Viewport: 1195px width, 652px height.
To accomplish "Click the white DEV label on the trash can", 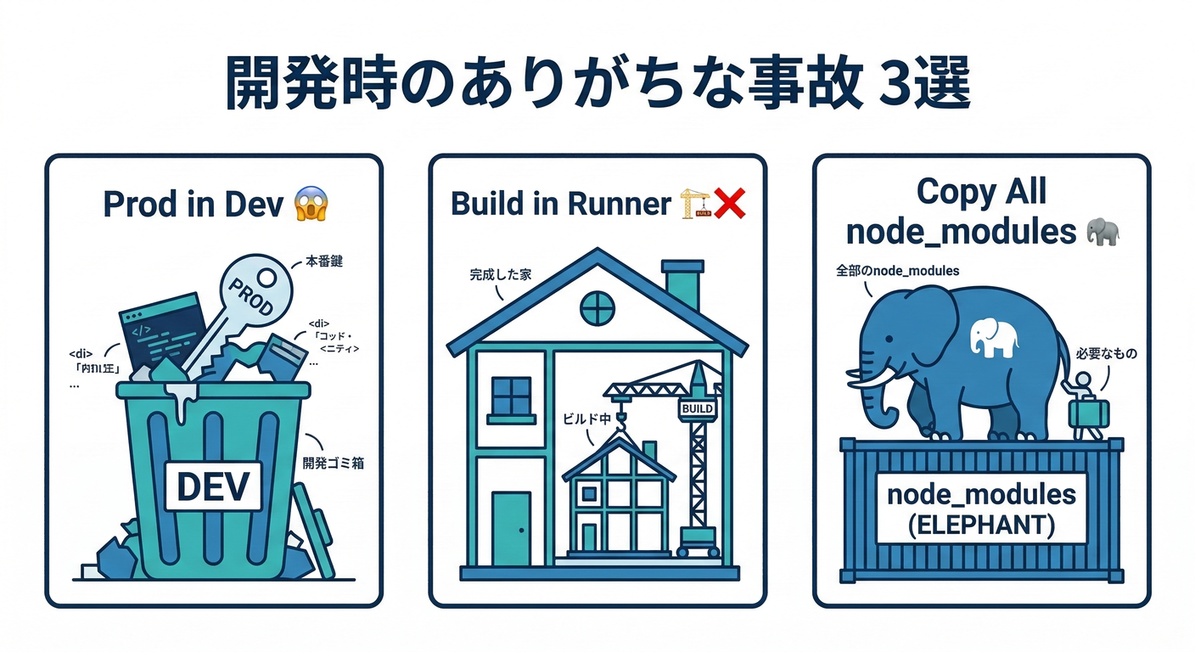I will coord(213,486).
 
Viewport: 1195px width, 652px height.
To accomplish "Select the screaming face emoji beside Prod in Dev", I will coord(311,204).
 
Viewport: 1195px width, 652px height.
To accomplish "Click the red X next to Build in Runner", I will coord(728,203).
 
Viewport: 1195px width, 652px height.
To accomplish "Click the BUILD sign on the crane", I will coord(697,409).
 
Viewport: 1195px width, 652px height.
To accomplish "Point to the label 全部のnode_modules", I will coord(898,271).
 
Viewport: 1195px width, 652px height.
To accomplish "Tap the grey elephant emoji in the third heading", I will coord(1101,231).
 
